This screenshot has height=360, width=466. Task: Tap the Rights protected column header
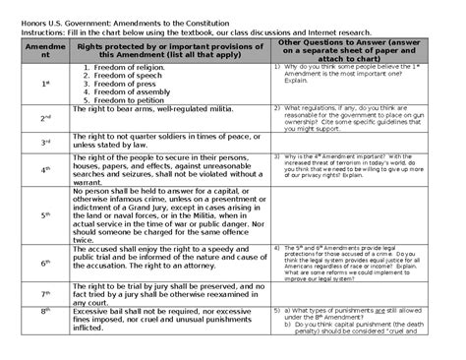(169, 51)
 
